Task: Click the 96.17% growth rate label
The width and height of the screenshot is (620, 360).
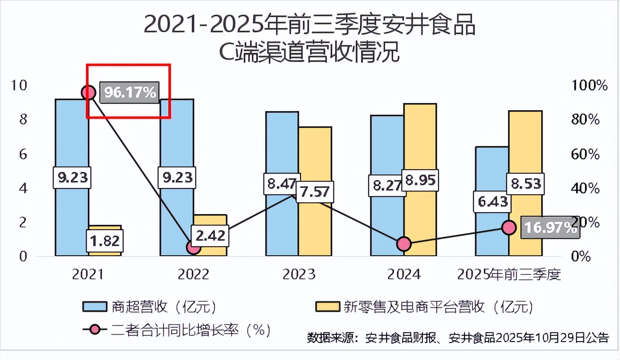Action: pos(130,93)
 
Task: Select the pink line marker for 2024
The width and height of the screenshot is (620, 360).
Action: pos(404,244)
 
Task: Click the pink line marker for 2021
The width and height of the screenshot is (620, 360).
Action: pos(89,93)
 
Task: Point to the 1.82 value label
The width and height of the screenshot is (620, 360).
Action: pos(104,241)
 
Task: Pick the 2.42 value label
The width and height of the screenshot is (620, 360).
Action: pos(210,235)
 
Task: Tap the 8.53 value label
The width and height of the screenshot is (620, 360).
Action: pos(525,184)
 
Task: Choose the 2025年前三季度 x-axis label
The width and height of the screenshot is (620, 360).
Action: pos(509,274)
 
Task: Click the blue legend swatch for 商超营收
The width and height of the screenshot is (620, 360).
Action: pos(95,307)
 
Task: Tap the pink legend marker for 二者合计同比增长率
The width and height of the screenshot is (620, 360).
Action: pos(95,330)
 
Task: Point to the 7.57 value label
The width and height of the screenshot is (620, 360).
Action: pos(314,192)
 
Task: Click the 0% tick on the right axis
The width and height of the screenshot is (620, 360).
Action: pos(581,257)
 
